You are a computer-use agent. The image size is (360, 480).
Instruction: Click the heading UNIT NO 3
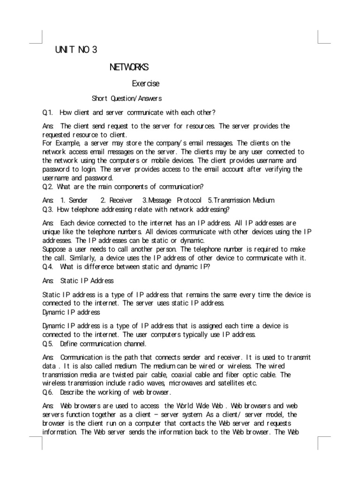click(76, 50)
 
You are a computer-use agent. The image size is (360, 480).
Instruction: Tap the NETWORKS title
click(129, 67)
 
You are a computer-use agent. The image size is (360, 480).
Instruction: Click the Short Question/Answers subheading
click(127, 98)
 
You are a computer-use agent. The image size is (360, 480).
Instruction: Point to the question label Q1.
click(47, 112)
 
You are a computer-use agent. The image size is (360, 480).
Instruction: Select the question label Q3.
click(47, 209)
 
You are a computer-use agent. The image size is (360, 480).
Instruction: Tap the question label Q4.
click(47, 267)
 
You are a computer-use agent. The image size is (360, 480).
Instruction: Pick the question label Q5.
click(47, 344)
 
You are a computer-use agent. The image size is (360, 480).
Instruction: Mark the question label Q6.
click(47, 392)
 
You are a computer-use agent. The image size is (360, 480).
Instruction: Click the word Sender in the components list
click(78, 200)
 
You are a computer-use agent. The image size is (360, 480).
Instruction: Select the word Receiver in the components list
click(121, 200)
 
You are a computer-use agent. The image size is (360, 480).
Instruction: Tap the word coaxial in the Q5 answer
click(182, 375)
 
